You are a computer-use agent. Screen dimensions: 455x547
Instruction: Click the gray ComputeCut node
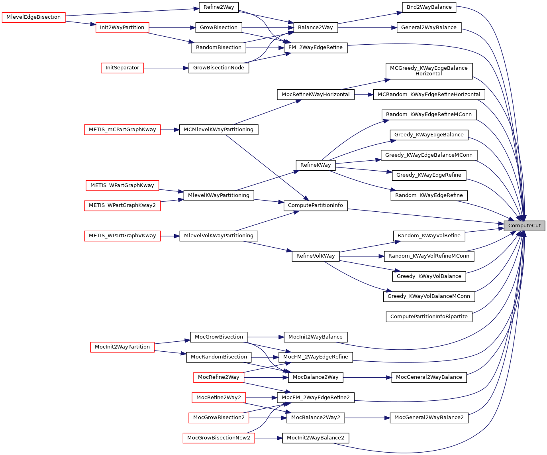click(x=524, y=226)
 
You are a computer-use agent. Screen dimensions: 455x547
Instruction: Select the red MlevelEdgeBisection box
click(x=33, y=18)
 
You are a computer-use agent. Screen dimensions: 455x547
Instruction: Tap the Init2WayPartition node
click(x=122, y=28)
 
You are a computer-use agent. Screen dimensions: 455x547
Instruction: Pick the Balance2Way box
click(x=316, y=28)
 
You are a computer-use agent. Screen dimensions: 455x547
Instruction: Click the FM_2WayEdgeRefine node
click(x=316, y=47)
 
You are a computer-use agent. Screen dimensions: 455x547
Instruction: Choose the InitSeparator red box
click(x=122, y=68)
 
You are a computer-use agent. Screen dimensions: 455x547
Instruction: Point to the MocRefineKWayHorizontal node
click(x=316, y=95)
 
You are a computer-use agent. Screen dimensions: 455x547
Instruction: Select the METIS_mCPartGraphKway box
click(x=122, y=130)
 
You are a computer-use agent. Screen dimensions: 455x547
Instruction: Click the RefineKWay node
click(x=316, y=165)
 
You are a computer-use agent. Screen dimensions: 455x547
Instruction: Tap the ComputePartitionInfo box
click(x=316, y=205)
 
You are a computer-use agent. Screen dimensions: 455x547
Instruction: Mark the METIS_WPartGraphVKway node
click(x=122, y=236)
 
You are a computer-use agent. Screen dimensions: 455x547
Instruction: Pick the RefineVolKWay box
click(x=316, y=256)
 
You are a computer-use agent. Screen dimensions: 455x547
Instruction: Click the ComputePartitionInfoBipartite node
click(x=429, y=317)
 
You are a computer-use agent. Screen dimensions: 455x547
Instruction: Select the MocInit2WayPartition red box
click(x=122, y=347)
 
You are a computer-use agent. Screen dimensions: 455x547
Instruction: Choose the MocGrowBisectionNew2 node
click(x=219, y=438)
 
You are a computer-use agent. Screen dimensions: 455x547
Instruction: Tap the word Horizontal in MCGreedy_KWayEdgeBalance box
click(x=429, y=74)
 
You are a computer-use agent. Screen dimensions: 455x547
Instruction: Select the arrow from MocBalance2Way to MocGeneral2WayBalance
click(x=367, y=377)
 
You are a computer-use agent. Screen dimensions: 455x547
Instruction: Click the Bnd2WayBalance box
click(x=429, y=7)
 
